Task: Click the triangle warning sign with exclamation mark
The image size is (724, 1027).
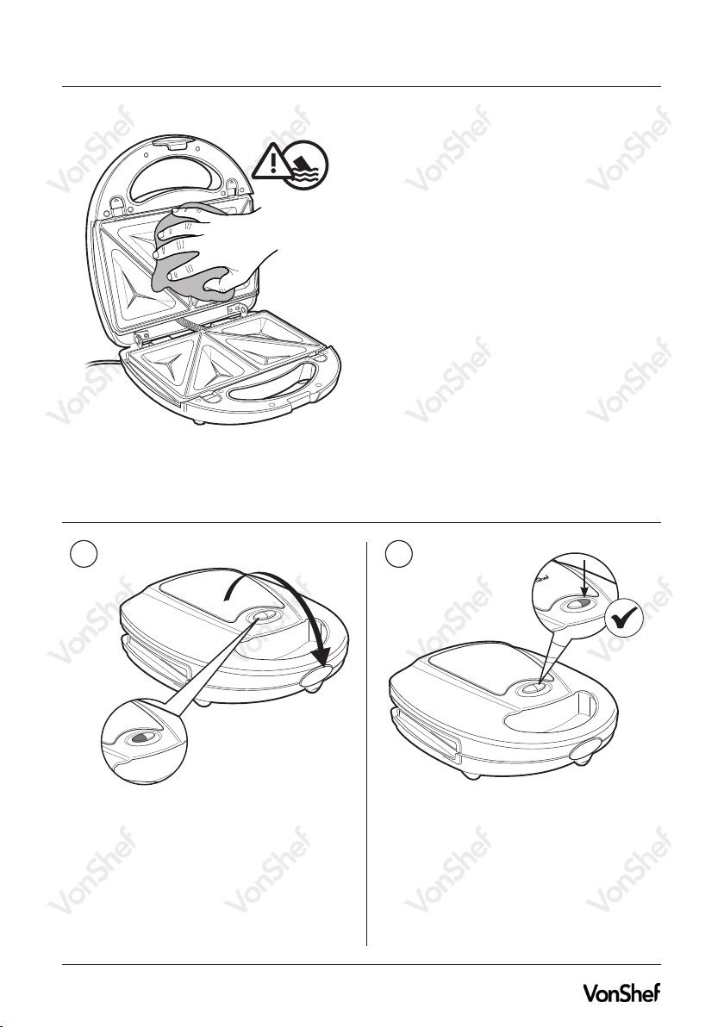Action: click(273, 162)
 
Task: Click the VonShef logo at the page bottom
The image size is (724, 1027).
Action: click(621, 993)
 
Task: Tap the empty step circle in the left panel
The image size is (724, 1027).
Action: click(84, 555)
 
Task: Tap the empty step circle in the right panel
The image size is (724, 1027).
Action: click(398, 555)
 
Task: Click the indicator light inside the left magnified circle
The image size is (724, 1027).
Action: click(140, 738)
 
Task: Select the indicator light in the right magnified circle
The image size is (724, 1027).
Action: click(577, 604)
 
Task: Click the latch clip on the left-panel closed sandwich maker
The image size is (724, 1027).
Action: click(315, 678)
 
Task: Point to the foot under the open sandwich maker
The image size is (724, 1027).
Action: click(197, 422)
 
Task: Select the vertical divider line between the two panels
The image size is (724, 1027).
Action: click(366, 744)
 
